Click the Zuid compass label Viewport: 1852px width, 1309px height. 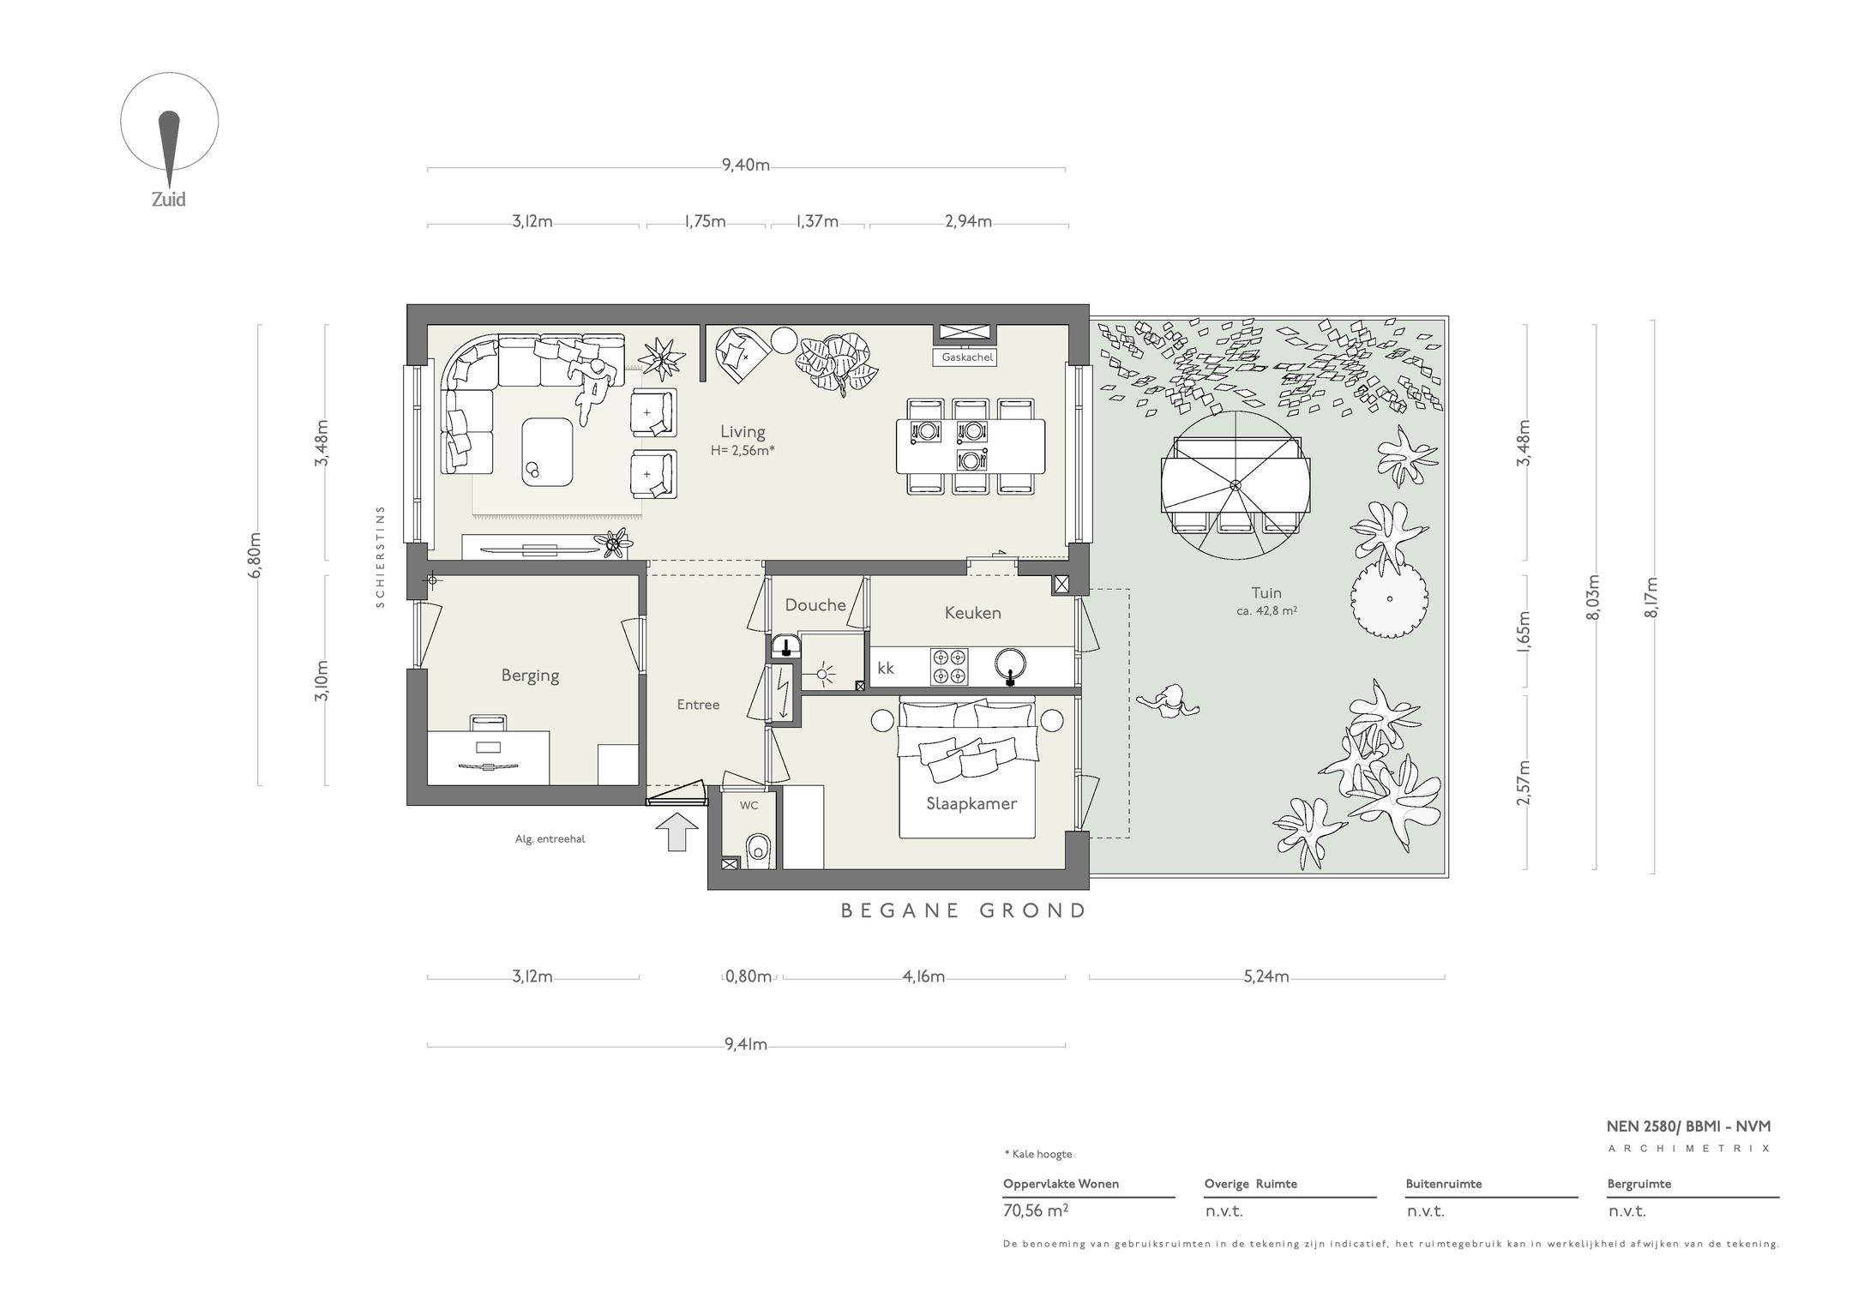(x=169, y=200)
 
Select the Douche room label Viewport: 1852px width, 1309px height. (x=815, y=605)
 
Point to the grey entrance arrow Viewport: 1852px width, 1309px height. (x=677, y=832)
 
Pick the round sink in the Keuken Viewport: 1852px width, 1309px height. (x=1011, y=664)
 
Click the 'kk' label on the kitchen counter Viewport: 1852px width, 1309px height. (x=886, y=668)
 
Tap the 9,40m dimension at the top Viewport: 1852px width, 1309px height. (x=746, y=165)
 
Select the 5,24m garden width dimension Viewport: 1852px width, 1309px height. (x=1266, y=976)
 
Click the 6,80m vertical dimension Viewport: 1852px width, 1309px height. (x=255, y=555)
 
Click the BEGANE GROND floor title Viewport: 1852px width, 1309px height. (x=964, y=910)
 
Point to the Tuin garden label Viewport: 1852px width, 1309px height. (x=1266, y=592)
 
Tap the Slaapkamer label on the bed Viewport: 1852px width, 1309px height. (x=971, y=804)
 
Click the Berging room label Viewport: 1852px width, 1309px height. (x=530, y=676)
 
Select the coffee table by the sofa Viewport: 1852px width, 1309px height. (x=548, y=451)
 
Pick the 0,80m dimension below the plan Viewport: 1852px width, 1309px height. (x=749, y=976)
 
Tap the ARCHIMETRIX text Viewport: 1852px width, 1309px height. (x=1689, y=1149)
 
